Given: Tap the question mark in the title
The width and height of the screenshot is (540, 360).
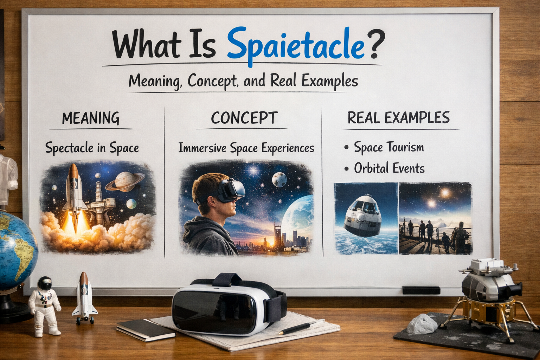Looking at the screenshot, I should pyautogui.click(x=374, y=45).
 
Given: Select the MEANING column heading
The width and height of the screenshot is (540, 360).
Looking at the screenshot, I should pyautogui.click(x=91, y=118).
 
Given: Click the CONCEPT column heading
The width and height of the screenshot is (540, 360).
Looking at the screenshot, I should pyautogui.click(x=244, y=118).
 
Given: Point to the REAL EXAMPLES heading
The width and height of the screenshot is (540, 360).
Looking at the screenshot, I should pyautogui.click(x=398, y=118).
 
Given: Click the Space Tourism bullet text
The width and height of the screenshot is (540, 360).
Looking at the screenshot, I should pyautogui.click(x=388, y=147).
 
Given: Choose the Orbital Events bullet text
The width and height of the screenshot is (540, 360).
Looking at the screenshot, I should pyautogui.click(x=389, y=168).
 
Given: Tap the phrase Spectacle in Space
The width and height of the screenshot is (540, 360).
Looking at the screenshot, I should pyautogui.click(x=92, y=148).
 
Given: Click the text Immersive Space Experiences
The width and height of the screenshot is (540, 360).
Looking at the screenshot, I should pyautogui.click(x=246, y=148).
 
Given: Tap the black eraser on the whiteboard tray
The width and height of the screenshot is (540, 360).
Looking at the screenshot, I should pyautogui.click(x=421, y=290).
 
